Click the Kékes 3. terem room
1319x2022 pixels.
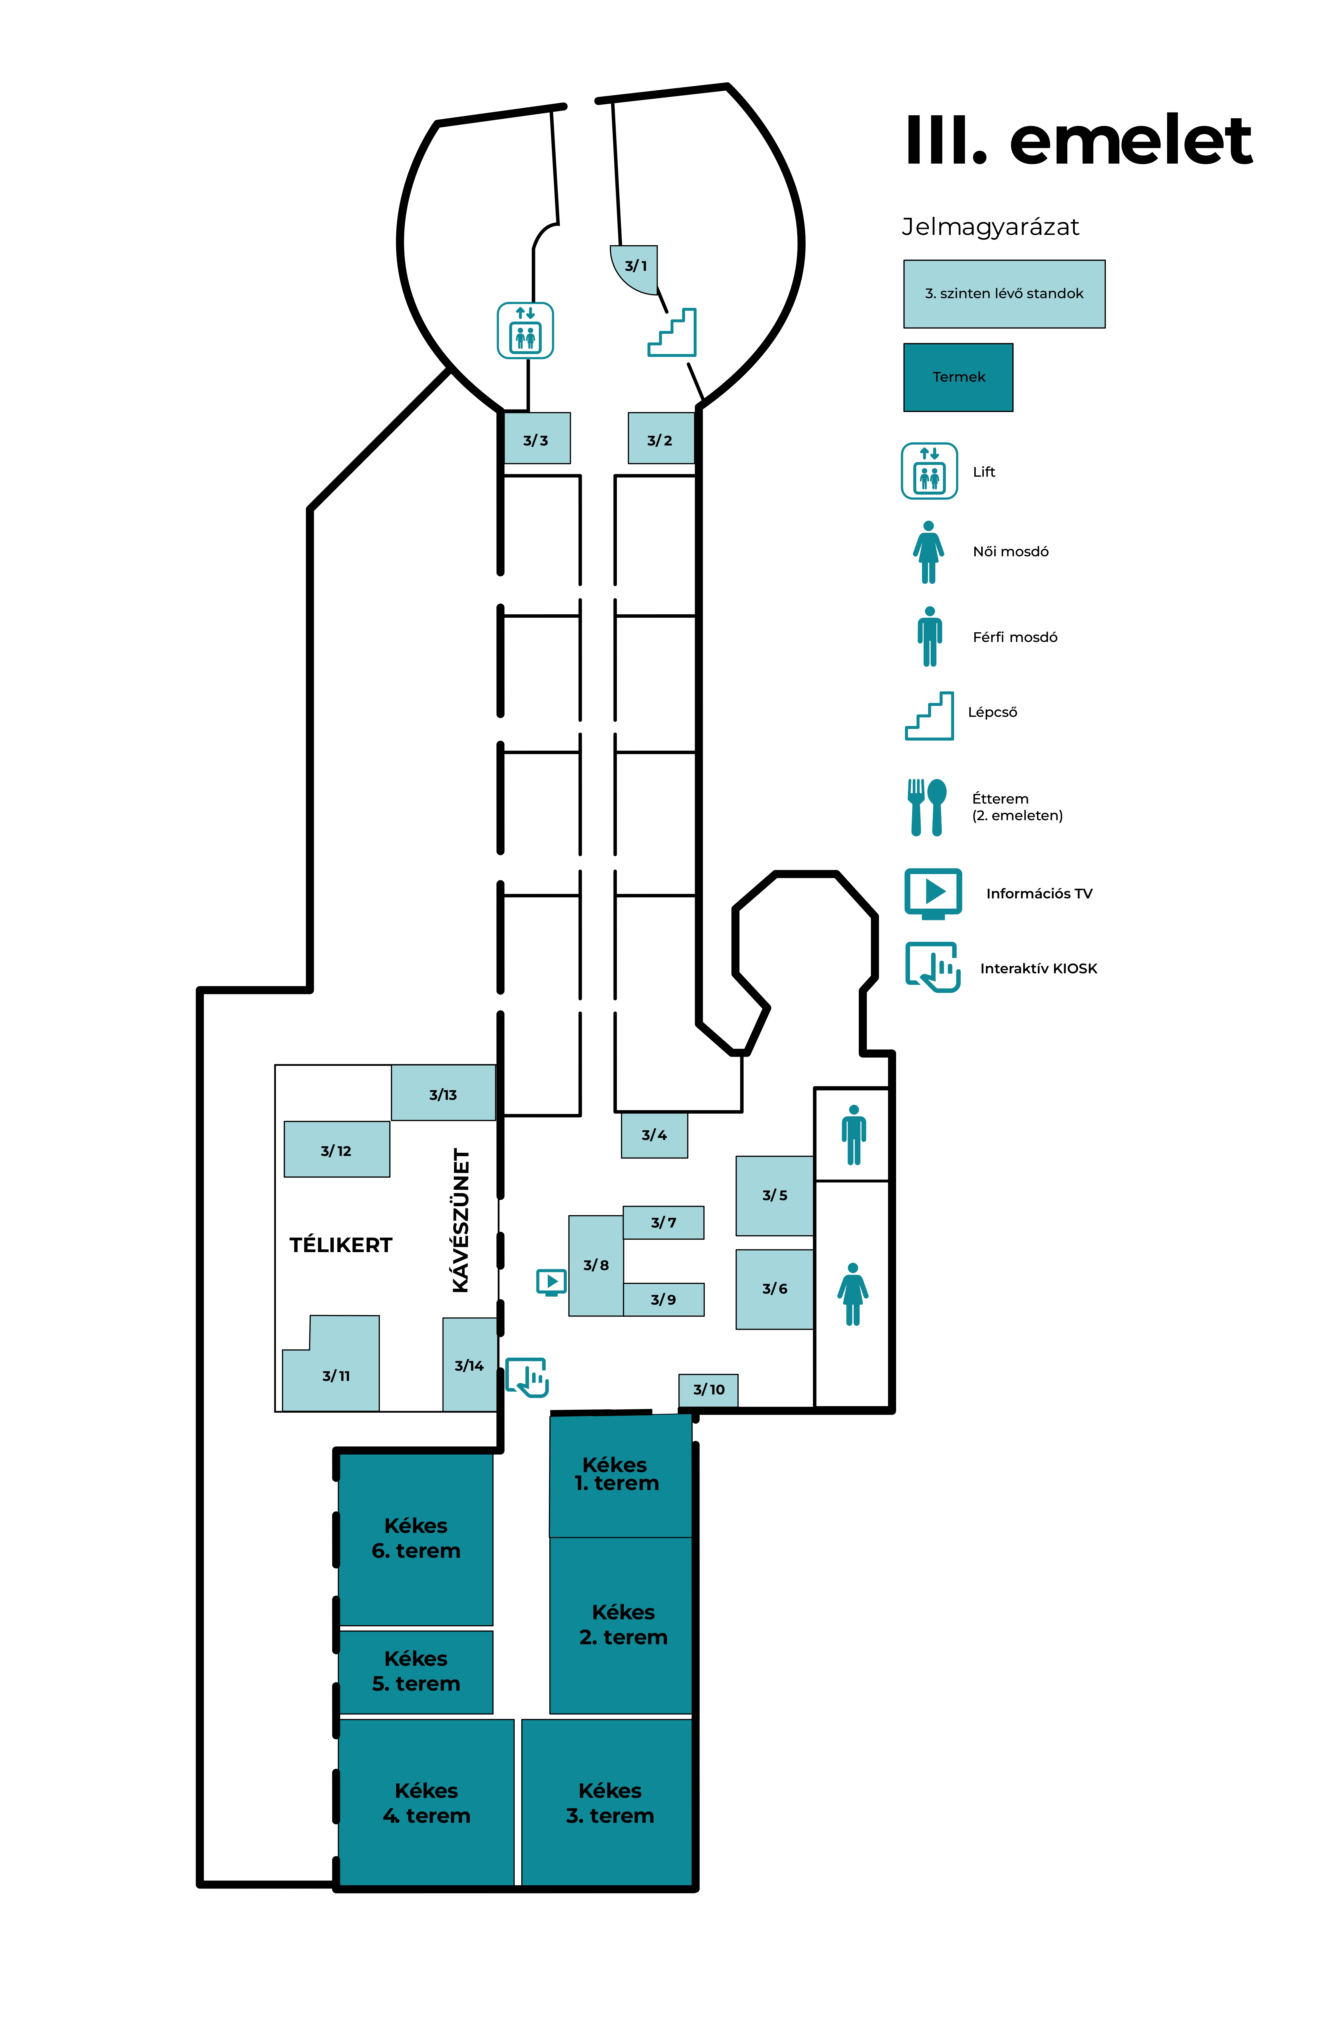[609, 1802]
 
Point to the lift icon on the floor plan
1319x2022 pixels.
[525, 331]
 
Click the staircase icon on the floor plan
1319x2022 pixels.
[673, 333]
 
